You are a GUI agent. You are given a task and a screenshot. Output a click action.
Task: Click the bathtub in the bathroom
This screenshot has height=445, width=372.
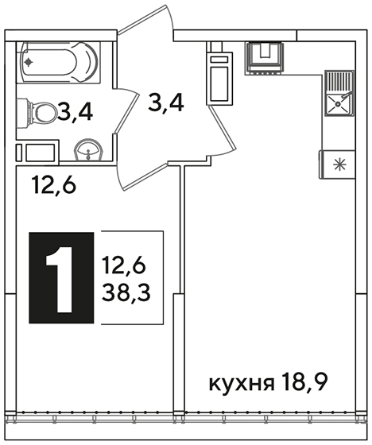pyautogui.click(x=58, y=63)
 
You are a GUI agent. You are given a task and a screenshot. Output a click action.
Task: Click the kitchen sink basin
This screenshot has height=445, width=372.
pyautogui.click(x=338, y=104)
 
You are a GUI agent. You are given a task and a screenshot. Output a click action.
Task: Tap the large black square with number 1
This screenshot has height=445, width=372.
pyautogui.click(x=61, y=277)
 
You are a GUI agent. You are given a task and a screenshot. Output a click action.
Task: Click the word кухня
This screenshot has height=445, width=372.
pyautogui.click(x=242, y=383)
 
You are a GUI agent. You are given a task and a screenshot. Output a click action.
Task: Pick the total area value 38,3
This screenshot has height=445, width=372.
pyautogui.click(x=126, y=292)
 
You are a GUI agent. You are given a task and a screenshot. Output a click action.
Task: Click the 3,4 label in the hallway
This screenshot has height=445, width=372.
pyautogui.click(x=166, y=103)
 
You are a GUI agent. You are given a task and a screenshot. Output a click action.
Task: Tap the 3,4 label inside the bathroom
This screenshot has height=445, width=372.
pyautogui.click(x=75, y=113)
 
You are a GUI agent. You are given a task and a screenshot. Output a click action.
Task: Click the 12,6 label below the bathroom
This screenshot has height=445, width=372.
pyautogui.click(x=54, y=184)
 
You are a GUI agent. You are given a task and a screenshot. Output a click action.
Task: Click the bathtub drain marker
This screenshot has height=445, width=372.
pyautogui.click(x=28, y=62)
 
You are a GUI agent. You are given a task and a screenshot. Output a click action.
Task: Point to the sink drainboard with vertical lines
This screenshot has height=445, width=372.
pyautogui.click(x=338, y=82)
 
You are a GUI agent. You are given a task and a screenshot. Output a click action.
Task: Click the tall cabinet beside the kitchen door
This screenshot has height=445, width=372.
pyautogui.click(x=219, y=77)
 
